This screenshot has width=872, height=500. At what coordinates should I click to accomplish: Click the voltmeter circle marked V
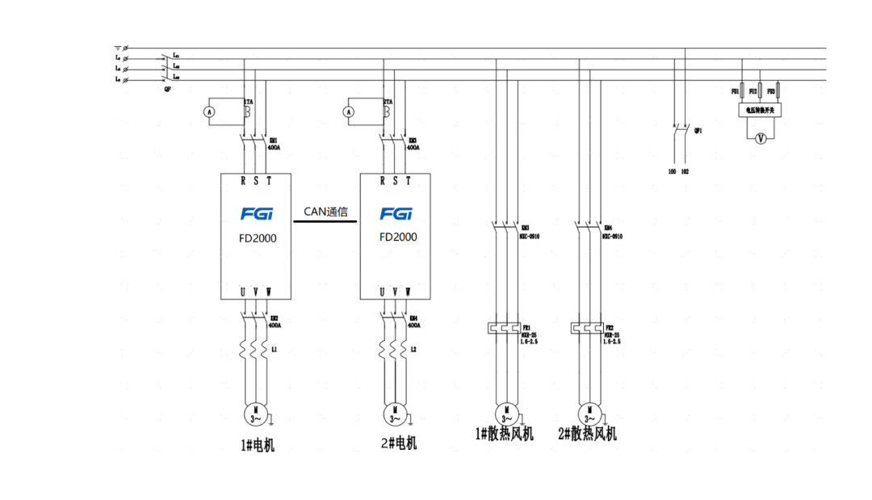coord(759,139)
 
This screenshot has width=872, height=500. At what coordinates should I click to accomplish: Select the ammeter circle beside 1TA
coord(208,113)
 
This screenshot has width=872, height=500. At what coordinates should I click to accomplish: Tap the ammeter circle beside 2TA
coord(349,113)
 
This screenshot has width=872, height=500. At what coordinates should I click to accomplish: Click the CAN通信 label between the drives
coord(325,212)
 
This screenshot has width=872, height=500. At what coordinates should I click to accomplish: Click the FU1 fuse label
coord(736,92)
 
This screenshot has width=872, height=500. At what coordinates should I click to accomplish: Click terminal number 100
coord(672,172)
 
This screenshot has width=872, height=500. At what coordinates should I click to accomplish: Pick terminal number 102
coord(685,172)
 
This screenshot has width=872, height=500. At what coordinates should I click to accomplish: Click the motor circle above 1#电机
coord(255,414)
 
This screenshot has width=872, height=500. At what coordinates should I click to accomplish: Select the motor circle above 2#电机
coord(395,414)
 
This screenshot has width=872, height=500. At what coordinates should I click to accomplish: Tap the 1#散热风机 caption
coord(505,435)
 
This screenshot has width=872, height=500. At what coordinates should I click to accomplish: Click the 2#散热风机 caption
coord(588,435)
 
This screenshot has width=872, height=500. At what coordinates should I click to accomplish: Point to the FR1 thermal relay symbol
coord(502,329)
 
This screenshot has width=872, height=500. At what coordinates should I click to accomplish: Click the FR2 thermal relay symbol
coord(585,329)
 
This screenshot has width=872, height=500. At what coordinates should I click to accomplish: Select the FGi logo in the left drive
coord(258,214)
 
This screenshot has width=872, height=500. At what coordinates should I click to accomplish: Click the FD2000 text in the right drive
coord(398,237)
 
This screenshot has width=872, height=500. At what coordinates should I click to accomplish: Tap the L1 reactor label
coord(275,350)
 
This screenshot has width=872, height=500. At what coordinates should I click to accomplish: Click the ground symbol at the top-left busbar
coord(118,48)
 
